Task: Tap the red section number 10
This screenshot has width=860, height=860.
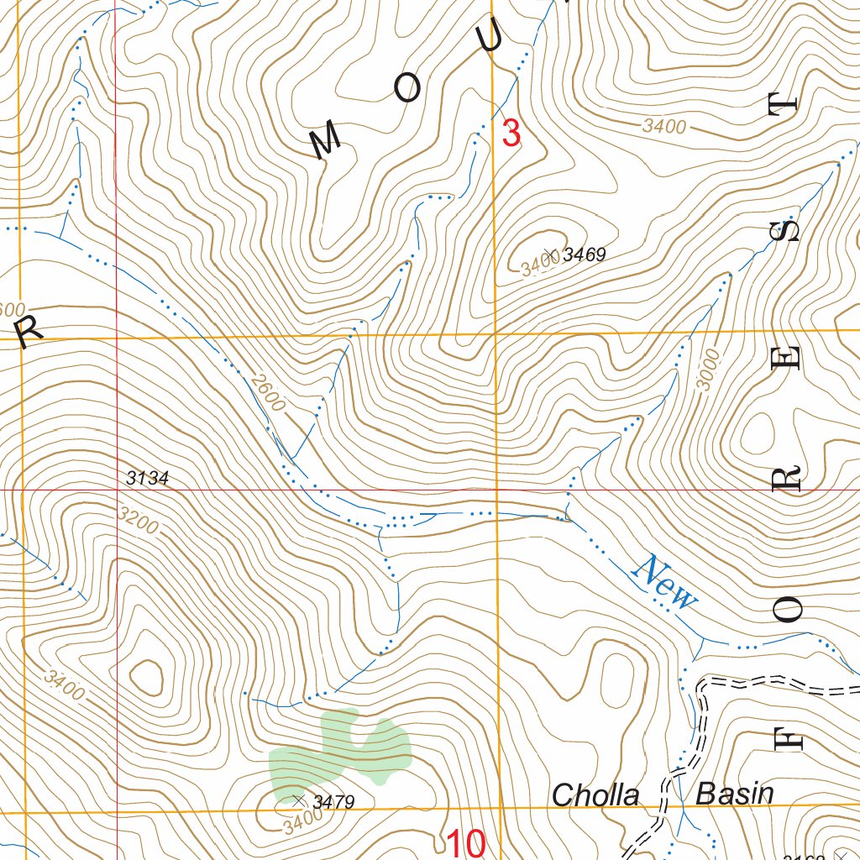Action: click(465, 842)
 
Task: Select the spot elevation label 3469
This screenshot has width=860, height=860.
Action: click(585, 254)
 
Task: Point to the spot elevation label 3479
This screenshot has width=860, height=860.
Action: click(333, 803)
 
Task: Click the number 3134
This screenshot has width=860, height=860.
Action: click(148, 479)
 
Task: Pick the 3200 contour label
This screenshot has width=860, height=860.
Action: click(139, 521)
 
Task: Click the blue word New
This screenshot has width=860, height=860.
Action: click(666, 583)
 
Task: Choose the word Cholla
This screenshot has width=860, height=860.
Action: click(596, 795)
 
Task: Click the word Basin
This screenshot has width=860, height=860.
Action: click(735, 794)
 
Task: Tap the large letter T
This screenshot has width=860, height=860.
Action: click(782, 104)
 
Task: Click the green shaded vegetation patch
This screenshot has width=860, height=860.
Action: click(340, 747)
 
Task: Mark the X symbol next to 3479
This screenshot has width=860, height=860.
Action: click(296, 800)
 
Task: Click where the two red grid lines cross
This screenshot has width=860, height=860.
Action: click(116, 489)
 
